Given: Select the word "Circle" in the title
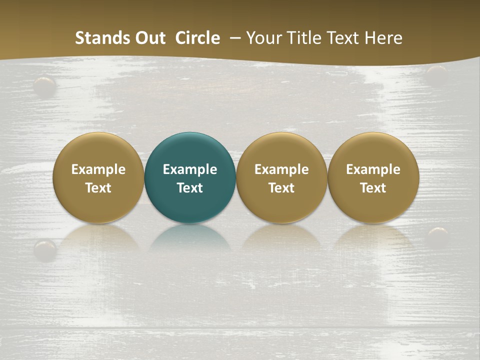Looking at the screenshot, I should pos(197,38).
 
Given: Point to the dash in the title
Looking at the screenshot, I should pos(233,38).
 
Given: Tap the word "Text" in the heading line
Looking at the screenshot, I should pos(344,38).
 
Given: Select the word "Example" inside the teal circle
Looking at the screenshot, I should pos(190,169).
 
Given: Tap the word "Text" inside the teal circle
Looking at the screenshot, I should pos(190,188).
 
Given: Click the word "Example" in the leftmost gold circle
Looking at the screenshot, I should pos(98,169).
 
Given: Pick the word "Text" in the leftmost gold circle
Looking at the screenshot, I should pos(98,188).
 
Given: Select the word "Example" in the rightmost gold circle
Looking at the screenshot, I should pos(373,169).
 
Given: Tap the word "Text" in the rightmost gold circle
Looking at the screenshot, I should pos(373,188).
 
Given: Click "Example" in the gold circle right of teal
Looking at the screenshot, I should pos(281,169).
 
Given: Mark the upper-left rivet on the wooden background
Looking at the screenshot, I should pos(45,85).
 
